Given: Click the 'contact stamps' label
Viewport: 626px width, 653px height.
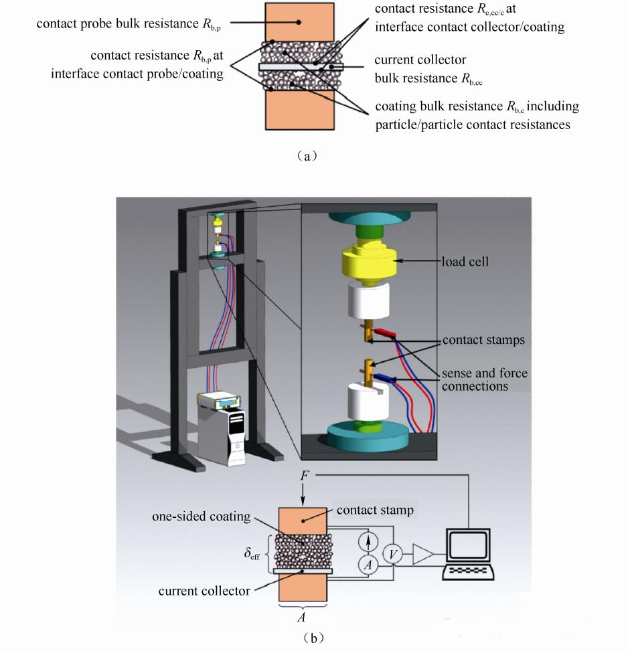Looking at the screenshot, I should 483,341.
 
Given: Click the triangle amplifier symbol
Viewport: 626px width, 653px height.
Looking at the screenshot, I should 422,553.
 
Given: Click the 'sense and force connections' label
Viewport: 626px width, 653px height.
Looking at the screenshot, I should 484,379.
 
